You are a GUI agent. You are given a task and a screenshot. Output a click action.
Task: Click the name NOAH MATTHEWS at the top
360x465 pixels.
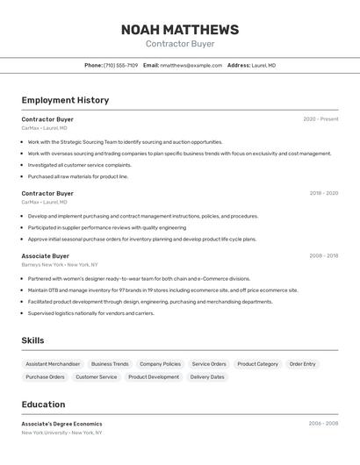[x=180, y=30]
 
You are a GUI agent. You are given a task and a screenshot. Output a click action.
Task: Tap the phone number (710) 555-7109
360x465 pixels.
[x=120, y=65]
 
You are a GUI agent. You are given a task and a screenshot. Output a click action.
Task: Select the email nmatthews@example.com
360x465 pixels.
[x=191, y=65]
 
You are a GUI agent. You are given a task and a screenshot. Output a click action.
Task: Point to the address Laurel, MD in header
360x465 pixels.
[x=263, y=65]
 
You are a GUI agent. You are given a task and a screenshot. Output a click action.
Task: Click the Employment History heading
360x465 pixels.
[x=65, y=100]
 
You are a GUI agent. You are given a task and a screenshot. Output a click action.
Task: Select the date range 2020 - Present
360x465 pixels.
[x=320, y=119]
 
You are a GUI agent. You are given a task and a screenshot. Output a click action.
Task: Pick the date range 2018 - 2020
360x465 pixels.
[x=323, y=193]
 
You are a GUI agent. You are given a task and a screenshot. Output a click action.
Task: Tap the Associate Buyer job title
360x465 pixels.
[x=46, y=256]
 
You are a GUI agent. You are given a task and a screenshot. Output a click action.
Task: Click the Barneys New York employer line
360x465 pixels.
[x=60, y=264]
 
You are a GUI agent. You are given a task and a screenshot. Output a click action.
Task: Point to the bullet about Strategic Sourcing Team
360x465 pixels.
[x=125, y=142]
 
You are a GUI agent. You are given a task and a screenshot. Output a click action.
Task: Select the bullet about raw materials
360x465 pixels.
[x=77, y=176]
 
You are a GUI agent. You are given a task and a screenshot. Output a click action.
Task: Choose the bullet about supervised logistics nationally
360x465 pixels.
[x=90, y=313]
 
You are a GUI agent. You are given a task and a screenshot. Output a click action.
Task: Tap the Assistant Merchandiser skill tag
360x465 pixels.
[x=53, y=364]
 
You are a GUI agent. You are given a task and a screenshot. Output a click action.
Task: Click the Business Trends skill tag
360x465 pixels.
[x=110, y=364]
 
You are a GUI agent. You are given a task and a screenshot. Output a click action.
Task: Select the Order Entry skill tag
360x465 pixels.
[x=302, y=364]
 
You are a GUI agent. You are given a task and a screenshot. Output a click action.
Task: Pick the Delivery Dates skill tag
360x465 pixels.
[x=207, y=377]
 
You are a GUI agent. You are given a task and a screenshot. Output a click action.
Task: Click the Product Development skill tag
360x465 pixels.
[x=154, y=377]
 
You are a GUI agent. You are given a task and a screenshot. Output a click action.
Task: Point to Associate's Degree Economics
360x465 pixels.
[x=61, y=424]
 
